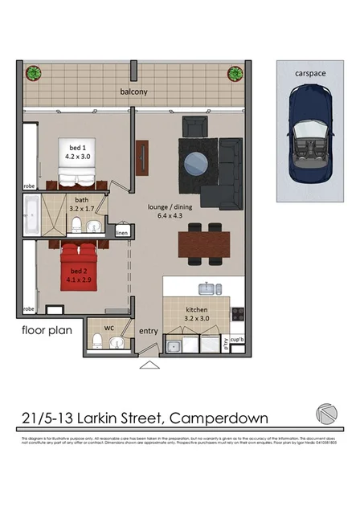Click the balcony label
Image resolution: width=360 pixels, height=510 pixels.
[134, 92]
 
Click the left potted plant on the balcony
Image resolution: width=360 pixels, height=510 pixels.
[34, 73]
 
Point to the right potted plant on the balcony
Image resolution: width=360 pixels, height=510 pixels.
[235, 73]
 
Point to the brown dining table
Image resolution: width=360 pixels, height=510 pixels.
[203, 243]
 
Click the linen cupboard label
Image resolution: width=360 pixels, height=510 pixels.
[121, 234]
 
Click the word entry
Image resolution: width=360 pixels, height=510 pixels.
[149, 331]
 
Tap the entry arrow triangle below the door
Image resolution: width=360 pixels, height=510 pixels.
[149, 365]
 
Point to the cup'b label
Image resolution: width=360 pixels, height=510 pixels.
[237, 341]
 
